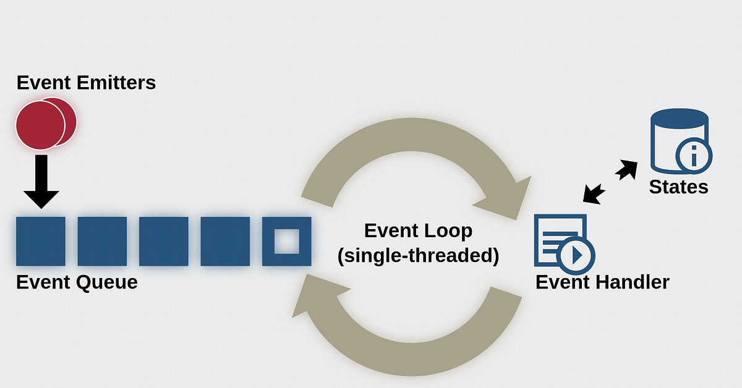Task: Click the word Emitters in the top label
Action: pos(116,82)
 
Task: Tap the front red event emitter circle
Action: pos(40,125)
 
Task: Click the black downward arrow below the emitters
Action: pos(41,182)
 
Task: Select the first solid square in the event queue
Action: pos(41,242)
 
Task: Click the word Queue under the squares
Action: pos(106,283)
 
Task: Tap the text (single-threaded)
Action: pos(418,256)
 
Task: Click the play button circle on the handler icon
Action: pos(578,256)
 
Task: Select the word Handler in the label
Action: pos(633,282)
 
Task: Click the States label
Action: pos(678,187)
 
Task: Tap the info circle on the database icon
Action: pos(694,156)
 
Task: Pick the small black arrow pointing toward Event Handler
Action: pos(594,194)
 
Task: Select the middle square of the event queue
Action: pos(164,242)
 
